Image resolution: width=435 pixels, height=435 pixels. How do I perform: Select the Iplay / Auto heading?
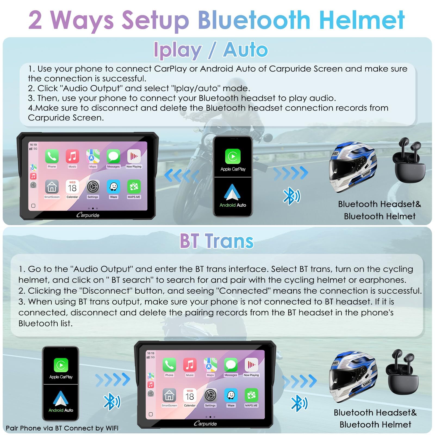pyautogui.click(x=211, y=50)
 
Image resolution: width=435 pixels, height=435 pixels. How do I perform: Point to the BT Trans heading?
pyautogui.click(x=217, y=241)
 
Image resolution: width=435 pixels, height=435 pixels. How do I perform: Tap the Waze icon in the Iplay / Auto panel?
pyautogui.click(x=113, y=187)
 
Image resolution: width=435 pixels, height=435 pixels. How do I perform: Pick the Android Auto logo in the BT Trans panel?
pyautogui.click(x=61, y=398)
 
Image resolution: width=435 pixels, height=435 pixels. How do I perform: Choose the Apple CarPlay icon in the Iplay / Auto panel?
pyautogui.click(x=233, y=156)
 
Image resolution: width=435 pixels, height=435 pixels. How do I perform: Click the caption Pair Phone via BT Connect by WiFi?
pyautogui.click(x=62, y=428)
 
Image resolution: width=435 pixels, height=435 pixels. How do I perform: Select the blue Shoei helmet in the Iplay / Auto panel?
pyautogui.click(x=353, y=166)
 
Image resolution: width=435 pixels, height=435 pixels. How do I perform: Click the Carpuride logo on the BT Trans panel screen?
pyautogui.click(x=205, y=423)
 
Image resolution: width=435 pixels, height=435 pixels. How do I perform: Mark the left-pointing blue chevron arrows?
pyautogui.click(x=182, y=175)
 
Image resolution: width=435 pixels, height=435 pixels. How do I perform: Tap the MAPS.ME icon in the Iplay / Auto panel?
pyautogui.click(x=134, y=187)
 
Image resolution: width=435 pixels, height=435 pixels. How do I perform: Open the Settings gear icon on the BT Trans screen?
pyautogui.click(x=210, y=395)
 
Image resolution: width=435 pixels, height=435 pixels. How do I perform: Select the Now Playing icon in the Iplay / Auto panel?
pyautogui.click(x=134, y=156)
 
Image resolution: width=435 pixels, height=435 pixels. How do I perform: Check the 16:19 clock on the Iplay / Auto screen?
pyautogui.click(x=33, y=145)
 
